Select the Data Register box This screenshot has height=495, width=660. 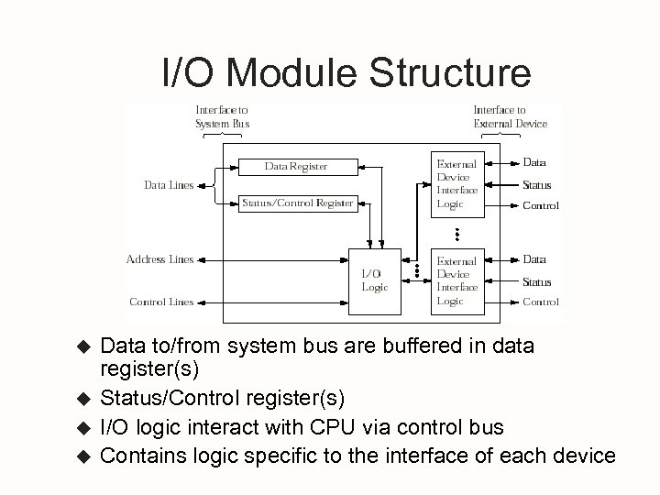(x=296, y=166)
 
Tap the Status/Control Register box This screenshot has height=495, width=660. (x=297, y=203)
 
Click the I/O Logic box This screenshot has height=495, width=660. (x=374, y=280)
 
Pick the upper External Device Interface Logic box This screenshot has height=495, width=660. (x=456, y=183)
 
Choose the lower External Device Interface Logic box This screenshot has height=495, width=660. (x=456, y=280)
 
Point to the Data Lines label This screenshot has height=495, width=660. (x=170, y=185)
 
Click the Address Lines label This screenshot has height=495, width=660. (x=159, y=259)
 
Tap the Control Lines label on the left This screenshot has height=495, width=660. (x=161, y=302)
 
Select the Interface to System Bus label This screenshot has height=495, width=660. (x=222, y=116)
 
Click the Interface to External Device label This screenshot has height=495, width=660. (x=510, y=116)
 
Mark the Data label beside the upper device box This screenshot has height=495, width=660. (x=534, y=162)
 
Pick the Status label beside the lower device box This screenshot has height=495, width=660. (x=537, y=281)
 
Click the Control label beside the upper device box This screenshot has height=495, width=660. (x=540, y=205)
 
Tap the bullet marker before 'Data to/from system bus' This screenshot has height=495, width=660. (x=81, y=347)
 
